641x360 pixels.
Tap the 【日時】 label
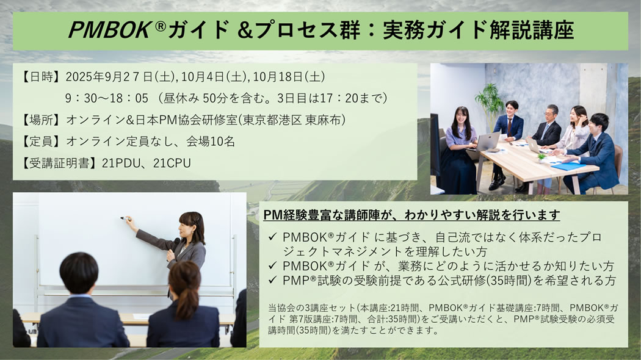[x=40, y=77]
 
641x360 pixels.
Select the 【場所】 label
[x=40, y=120]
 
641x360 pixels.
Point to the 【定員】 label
[x=40, y=142]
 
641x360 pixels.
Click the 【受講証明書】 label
[x=59, y=163]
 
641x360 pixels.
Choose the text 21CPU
[x=172, y=163]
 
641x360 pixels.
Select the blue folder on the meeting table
[x=568, y=167]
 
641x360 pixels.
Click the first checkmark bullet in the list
[x=273, y=237]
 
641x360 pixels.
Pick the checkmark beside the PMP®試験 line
[x=273, y=280]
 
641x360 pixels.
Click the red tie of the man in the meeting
[x=510, y=127]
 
